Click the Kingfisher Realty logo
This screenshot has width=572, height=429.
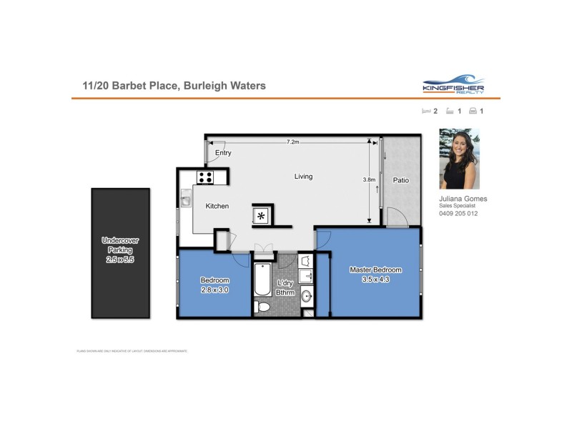pos(453,84)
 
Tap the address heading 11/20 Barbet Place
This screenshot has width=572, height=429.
pos(174,86)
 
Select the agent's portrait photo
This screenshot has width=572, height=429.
pos(458,159)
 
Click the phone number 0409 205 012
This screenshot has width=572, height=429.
pos(458,214)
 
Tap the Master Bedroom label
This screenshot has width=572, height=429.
pos(375,275)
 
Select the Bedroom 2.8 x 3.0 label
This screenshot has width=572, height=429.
pos(214,285)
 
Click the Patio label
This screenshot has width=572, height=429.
pos(401,180)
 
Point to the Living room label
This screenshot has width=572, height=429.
pos(303,177)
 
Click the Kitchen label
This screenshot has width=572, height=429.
pos(217,206)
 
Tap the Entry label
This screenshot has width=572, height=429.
pos(223,152)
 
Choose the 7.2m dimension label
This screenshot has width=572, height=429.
pos(292,142)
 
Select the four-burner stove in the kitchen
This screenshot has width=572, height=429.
pos(206,177)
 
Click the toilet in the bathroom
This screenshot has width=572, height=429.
pos(262,307)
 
